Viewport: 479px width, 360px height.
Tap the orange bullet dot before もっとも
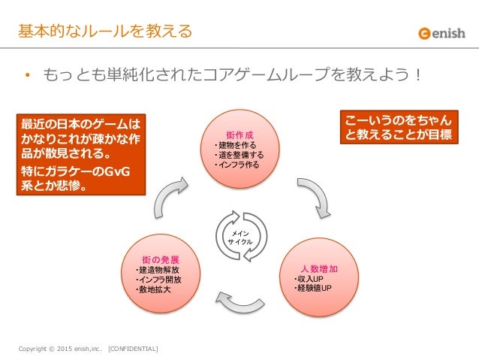point(26,76)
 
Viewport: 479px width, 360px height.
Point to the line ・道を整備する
point(237,155)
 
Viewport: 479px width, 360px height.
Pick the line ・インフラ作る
point(235,165)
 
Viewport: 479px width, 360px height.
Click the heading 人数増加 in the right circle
point(319,268)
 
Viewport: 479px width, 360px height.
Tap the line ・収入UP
point(309,279)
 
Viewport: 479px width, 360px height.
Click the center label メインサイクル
point(239,239)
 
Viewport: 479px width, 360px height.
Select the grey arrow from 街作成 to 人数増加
point(313,197)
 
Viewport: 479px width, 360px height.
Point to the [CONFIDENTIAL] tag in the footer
point(134,349)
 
